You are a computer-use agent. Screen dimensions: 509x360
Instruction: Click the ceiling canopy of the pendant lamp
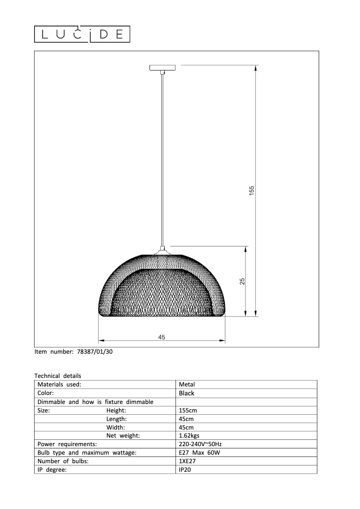(163, 68)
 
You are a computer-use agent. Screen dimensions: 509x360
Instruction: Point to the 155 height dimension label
(252, 190)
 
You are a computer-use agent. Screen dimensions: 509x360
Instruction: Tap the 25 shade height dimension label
(242, 281)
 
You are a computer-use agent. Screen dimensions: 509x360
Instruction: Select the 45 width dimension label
(162, 337)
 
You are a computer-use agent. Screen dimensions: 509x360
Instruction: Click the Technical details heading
(58, 376)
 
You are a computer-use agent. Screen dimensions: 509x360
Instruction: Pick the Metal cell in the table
(187, 384)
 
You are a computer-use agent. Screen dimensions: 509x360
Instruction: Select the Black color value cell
(187, 393)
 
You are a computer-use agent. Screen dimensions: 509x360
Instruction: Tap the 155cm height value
(188, 410)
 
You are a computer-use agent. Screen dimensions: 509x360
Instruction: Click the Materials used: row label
(59, 384)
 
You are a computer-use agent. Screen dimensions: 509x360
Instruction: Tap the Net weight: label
(123, 435)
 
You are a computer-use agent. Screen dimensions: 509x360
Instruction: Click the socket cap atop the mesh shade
(163, 250)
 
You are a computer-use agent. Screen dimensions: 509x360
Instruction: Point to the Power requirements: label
(67, 444)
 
